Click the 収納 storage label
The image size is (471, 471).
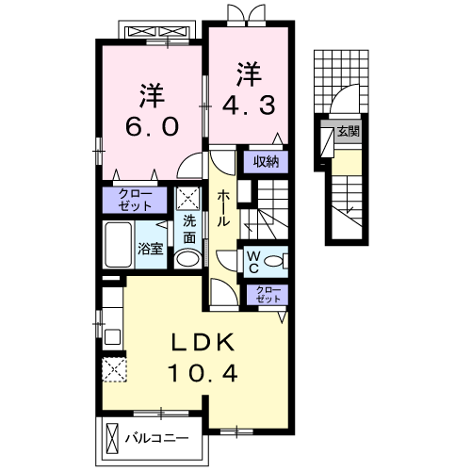click(266, 161)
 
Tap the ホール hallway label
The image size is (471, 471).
click(224, 207)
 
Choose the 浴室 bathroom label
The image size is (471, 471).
click(151, 250)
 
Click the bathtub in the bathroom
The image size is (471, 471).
click(119, 246)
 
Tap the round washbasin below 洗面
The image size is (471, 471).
click(188, 259)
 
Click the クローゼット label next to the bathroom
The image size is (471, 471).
click(134, 199)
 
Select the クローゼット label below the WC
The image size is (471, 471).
click(267, 294)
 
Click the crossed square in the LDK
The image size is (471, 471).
click(115, 369)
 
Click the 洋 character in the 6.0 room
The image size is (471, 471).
click(151, 94)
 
